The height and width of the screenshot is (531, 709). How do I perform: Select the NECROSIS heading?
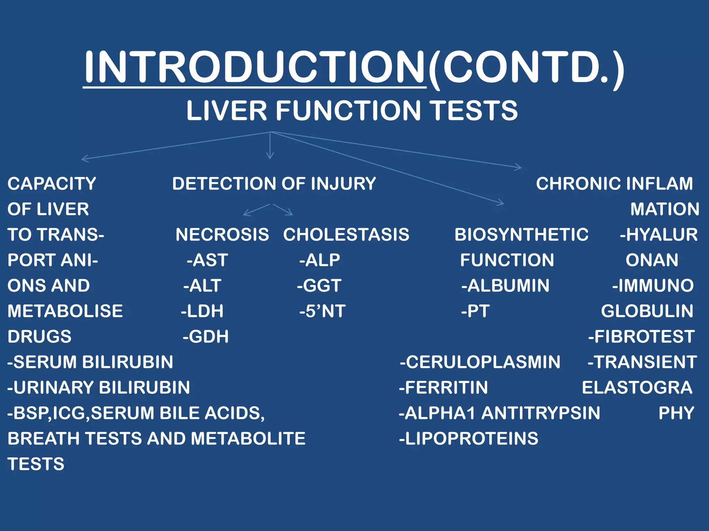[222, 235]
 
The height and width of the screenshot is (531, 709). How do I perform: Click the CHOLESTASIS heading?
[346, 235]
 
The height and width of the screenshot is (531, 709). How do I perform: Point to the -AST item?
[207, 260]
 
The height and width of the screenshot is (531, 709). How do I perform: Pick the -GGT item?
[319, 286]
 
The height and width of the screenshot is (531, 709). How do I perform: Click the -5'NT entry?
[322, 311]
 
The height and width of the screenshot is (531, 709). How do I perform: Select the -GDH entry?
[206, 337]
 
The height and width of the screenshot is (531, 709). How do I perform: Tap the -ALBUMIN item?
[505, 286]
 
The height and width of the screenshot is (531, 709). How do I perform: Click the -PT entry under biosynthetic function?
[475, 311]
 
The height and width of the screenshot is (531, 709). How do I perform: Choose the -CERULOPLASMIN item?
[480, 362]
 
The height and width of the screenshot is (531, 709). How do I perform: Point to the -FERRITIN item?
[443, 388]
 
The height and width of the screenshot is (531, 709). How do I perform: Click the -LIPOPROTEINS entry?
[468, 439]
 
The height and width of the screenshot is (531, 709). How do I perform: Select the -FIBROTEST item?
[641, 337]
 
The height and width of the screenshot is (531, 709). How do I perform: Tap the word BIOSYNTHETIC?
[521, 235]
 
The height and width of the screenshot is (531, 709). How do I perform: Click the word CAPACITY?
[52, 184]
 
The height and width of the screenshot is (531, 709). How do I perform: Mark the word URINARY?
[52, 388]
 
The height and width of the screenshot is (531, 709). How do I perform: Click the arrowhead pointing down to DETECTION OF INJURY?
[270, 156]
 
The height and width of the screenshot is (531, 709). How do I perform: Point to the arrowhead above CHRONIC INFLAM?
[519, 167]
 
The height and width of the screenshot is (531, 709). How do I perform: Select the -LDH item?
[202, 311]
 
